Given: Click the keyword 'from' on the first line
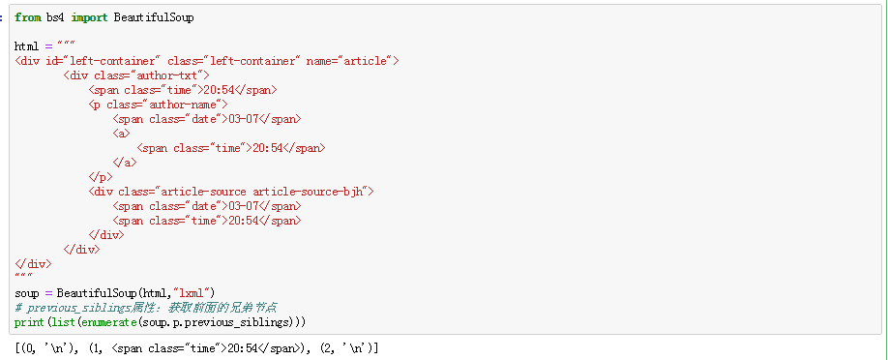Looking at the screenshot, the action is coord(28,17).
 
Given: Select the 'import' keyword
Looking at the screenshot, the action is coord(90,17).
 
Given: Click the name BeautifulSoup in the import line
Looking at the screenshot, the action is coord(154,17).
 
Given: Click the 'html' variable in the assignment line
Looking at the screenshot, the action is coord(27,46).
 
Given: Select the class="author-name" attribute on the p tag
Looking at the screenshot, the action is coord(163,105).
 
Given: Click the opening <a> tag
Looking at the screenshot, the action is coord(121,134).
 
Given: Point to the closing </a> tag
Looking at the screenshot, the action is coord(125,163).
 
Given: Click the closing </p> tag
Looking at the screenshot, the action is coord(101,177).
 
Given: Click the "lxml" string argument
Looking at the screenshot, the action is coord(192,293).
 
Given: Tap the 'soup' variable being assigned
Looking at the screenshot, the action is coord(27,293).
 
